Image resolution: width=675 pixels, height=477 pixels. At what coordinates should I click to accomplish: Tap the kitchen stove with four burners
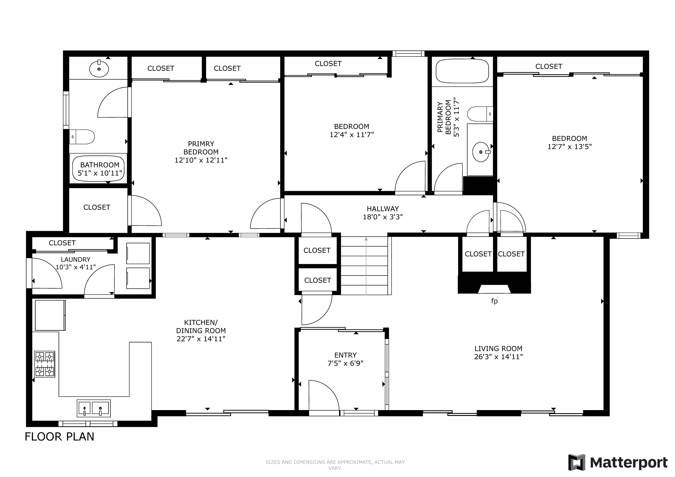[45, 364]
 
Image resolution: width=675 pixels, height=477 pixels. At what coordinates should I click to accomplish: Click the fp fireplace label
[494, 301]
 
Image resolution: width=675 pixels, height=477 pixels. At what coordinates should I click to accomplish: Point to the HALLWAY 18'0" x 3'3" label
[383, 213]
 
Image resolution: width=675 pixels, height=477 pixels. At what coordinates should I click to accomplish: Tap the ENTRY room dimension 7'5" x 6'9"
[345, 363]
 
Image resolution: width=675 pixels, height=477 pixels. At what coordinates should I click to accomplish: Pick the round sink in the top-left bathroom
[99, 69]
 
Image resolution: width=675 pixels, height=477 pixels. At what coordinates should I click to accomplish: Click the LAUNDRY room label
[76, 260]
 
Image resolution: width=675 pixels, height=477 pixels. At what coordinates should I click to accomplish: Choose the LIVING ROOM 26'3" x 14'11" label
[498, 353]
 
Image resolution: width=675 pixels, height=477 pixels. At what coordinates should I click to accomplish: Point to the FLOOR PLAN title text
[59, 437]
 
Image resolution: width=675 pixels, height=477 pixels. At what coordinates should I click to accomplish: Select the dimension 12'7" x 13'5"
[570, 147]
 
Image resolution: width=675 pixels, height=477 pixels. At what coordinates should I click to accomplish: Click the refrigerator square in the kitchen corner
[50, 315]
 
